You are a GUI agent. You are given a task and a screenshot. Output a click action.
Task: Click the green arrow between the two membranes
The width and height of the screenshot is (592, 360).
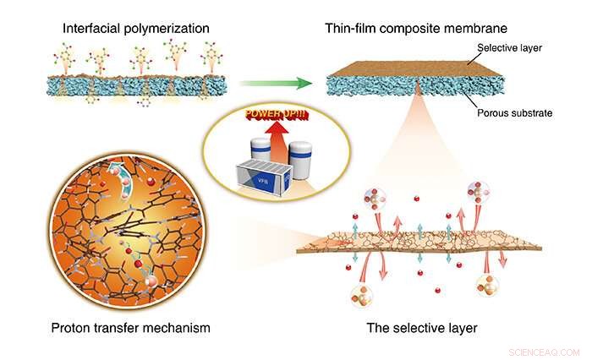[x=270, y=84]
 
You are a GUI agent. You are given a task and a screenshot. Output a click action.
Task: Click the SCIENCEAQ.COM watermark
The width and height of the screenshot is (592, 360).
[x=545, y=350]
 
